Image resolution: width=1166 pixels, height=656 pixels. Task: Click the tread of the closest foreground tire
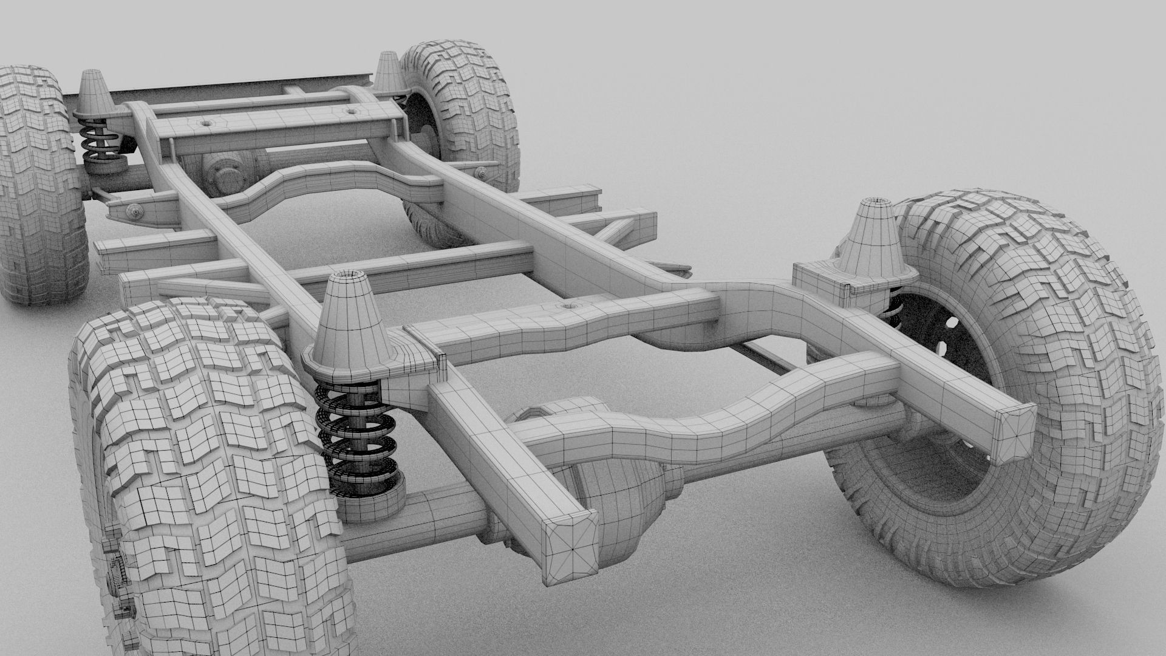tap(206, 474)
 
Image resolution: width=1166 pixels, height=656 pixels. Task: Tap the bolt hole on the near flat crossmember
tap(568, 305)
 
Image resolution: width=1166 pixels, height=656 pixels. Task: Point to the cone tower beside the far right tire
tap(386, 70)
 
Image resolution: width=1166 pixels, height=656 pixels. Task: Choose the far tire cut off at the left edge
tap(36, 182)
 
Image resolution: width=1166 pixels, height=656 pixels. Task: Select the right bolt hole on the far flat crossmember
tap(350, 111)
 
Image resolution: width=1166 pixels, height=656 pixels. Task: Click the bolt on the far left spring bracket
tap(134, 211)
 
